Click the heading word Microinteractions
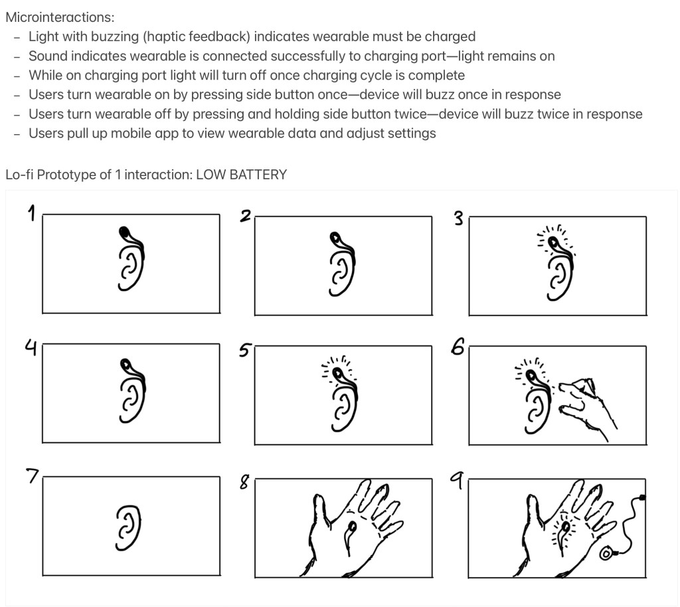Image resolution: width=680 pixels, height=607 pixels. coord(60,17)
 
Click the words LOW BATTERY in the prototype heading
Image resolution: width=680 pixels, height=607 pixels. coord(241,175)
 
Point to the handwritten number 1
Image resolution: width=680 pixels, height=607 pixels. coord(31,213)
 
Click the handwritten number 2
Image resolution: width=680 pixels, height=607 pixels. coord(246,215)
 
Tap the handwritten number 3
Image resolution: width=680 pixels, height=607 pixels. coord(458,218)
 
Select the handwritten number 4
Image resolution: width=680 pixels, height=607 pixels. coord(31,347)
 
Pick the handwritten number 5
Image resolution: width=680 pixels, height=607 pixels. coord(245,350)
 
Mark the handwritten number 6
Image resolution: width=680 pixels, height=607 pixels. coord(458,347)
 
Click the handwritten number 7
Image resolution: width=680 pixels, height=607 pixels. coord(33,476)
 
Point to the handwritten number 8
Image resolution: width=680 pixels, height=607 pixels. coord(244,481)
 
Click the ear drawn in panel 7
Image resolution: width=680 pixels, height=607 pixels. coord(129,528)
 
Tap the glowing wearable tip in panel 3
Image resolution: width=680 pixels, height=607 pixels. coord(553,242)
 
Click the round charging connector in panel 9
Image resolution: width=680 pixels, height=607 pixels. coord(606,554)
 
